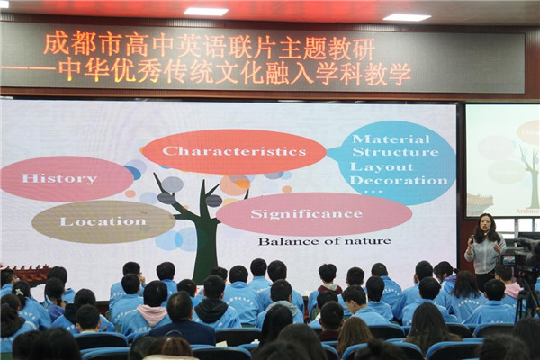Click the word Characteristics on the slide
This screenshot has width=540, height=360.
pos(235,151)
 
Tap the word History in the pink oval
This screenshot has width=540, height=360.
pos(59,178)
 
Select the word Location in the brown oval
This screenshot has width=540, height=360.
pos(103,221)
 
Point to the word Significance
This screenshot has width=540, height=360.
pos(307,214)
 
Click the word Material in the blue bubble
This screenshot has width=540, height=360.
pos(391,139)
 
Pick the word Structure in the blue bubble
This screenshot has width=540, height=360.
pos(395,152)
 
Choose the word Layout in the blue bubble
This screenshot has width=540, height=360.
pos(382,167)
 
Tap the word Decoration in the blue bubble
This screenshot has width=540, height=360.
pos(399,181)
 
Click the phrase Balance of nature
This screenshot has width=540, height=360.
pos(324,241)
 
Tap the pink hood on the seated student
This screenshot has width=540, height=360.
pos(152,311)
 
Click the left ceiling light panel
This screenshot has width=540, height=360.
pos(205,12)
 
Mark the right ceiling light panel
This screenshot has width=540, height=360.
pos(407,17)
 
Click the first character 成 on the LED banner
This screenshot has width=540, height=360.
pos(56,44)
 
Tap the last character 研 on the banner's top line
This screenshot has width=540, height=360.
pos(364,49)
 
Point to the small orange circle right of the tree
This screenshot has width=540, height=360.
pos(287,189)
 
